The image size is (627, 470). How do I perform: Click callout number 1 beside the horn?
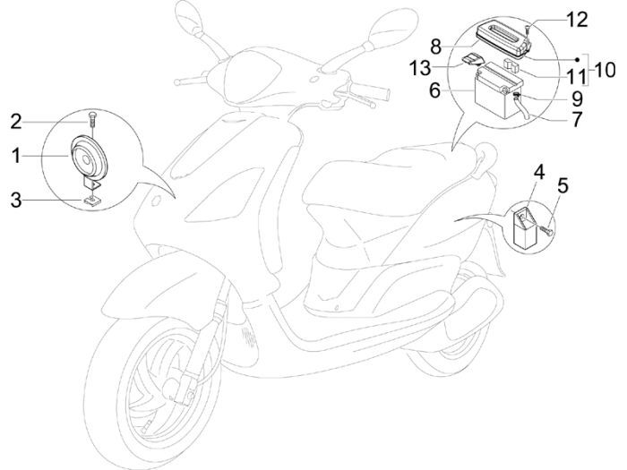(15, 156)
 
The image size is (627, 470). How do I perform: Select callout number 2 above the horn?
(15, 121)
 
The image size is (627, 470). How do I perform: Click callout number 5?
(563, 186)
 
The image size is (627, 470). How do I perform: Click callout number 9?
(576, 98)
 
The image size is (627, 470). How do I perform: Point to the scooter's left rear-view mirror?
(191, 17)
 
